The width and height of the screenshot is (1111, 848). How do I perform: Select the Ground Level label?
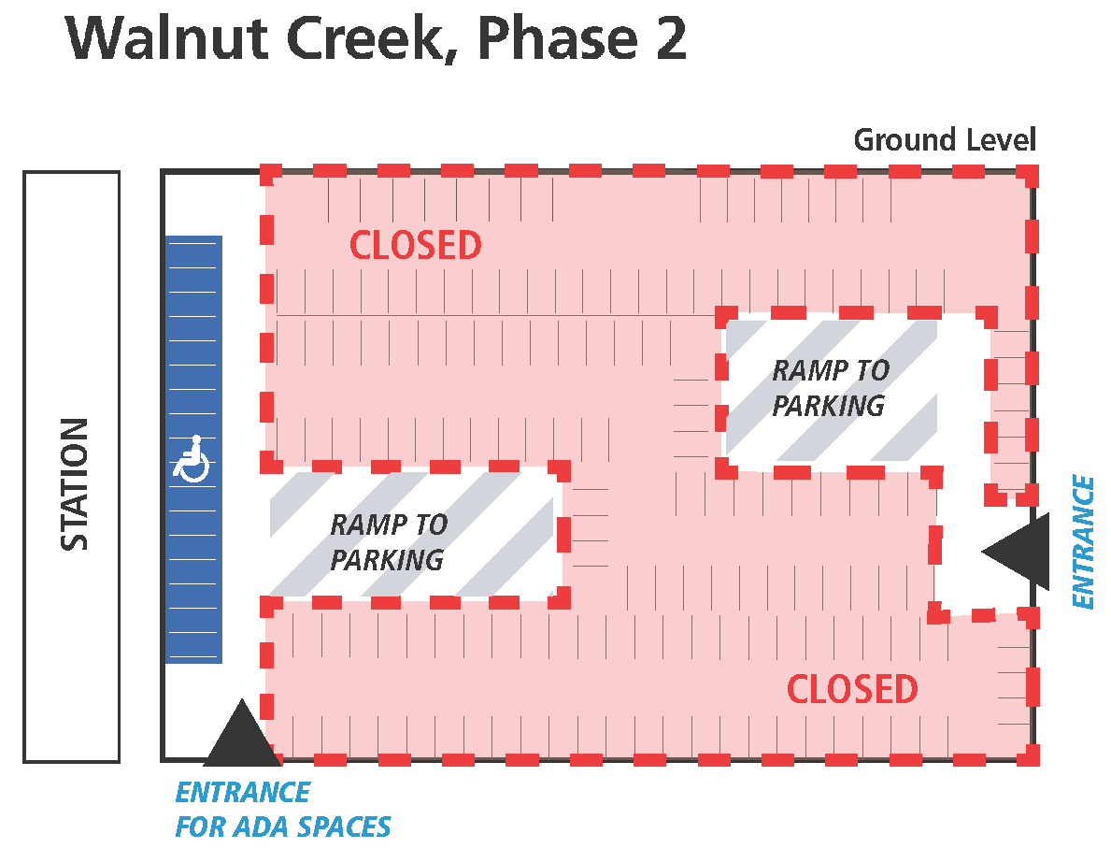click(x=944, y=140)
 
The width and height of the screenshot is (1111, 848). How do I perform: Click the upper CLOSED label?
click(x=415, y=245)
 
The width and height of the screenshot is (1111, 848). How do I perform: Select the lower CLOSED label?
click(x=852, y=689)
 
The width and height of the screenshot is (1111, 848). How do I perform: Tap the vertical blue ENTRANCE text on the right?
click(x=1082, y=542)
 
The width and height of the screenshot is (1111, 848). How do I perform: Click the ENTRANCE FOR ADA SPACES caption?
click(x=282, y=810)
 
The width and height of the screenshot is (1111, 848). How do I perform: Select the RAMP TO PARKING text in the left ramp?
click(x=388, y=542)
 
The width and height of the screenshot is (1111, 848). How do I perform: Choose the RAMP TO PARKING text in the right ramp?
click(x=830, y=388)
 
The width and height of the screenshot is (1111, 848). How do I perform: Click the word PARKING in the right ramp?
click(x=828, y=406)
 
